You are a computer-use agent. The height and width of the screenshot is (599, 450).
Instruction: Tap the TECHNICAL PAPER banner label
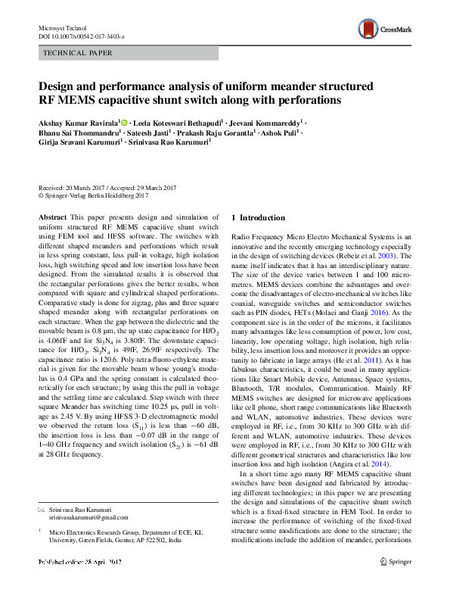click(x=79, y=53)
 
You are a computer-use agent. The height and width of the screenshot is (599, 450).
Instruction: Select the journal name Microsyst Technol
click(x=63, y=27)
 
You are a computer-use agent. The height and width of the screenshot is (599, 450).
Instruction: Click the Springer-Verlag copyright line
click(x=98, y=195)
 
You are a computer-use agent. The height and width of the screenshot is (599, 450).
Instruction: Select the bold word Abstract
click(x=52, y=217)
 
